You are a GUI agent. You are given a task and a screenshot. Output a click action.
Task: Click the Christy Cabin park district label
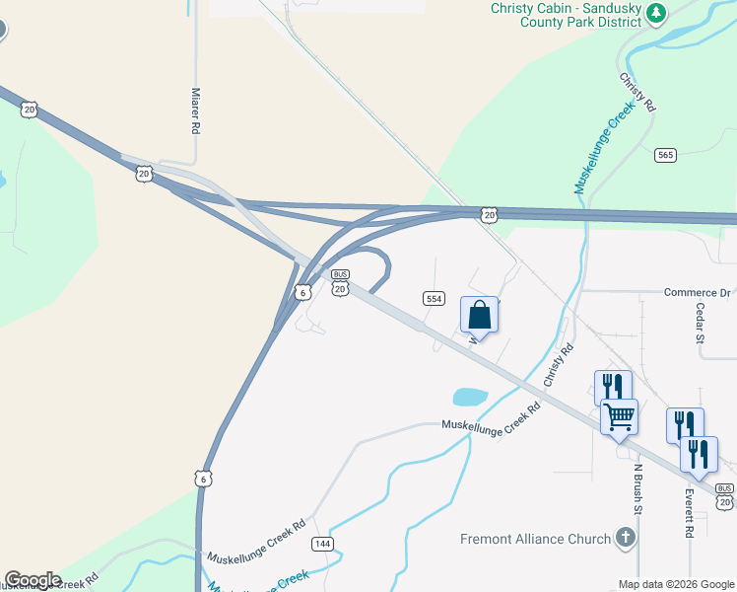click(569, 16)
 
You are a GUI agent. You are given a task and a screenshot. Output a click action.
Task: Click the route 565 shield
click(665, 155)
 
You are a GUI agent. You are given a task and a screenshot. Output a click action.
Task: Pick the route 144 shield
click(322, 544)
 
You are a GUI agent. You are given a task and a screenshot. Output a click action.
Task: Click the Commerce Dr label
click(697, 292)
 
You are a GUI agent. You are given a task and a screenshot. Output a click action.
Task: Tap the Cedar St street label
click(701, 323)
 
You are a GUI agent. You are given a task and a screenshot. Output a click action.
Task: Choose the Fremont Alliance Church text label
click(536, 539)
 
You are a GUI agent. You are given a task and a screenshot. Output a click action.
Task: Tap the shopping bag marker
click(479, 316)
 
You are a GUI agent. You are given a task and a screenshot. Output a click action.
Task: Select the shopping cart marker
click(619, 417)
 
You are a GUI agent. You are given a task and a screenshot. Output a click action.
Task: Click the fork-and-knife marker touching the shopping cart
click(612, 387)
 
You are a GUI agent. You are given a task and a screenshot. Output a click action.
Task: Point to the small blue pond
click(470, 398)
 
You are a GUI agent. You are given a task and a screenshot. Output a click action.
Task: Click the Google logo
click(33, 580)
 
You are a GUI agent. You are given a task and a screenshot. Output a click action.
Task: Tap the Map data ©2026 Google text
click(676, 584)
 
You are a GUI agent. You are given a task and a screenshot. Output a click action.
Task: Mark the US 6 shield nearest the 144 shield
click(204, 478)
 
